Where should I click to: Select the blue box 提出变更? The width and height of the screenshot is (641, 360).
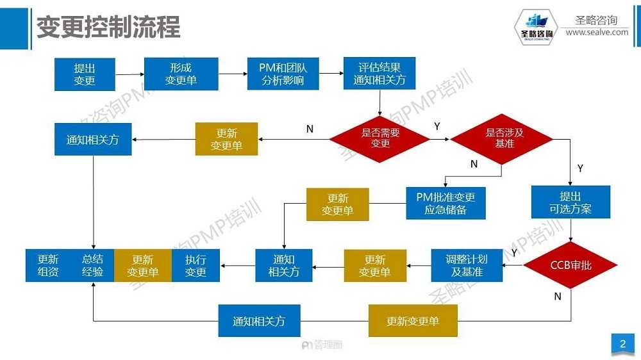85,74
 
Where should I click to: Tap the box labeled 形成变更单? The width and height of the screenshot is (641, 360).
181,74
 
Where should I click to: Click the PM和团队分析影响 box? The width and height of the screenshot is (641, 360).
283,74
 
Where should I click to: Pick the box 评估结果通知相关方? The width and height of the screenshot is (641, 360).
379,74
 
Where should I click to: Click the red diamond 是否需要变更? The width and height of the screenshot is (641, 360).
379,139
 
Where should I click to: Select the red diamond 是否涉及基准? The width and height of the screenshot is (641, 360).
501,139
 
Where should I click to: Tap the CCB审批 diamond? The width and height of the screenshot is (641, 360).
570,265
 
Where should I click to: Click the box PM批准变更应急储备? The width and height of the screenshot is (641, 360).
445,202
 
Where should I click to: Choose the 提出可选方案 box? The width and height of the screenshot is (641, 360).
570,202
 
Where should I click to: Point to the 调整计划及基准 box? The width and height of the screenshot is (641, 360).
466,265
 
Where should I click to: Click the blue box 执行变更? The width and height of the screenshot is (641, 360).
196,265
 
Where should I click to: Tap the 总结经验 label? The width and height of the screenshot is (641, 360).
92,265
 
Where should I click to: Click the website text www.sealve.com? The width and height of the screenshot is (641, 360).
597,32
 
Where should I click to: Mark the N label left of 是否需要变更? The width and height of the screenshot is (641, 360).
310,129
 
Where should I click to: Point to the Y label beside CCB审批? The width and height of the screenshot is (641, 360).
514,253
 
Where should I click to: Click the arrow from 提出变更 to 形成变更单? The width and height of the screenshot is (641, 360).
129,74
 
